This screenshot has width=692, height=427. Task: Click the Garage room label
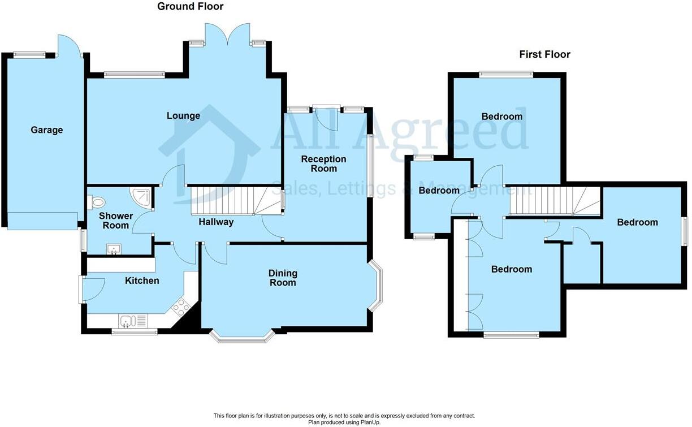click(x=47, y=130)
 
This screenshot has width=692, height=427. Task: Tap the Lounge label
click(x=183, y=116)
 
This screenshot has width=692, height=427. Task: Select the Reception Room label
click(x=323, y=163)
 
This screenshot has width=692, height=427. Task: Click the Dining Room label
click(x=283, y=278)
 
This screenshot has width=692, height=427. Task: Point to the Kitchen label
click(x=142, y=281)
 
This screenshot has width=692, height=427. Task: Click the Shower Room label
click(x=116, y=221)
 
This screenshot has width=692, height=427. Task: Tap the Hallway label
click(x=216, y=222)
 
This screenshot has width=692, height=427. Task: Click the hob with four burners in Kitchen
click(x=180, y=308)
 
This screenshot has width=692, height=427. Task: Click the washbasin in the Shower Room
click(x=114, y=248)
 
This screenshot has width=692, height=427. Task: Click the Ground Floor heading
click(x=190, y=7)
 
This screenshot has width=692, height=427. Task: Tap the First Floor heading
click(x=544, y=54)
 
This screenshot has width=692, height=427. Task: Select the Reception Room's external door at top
click(x=326, y=117)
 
